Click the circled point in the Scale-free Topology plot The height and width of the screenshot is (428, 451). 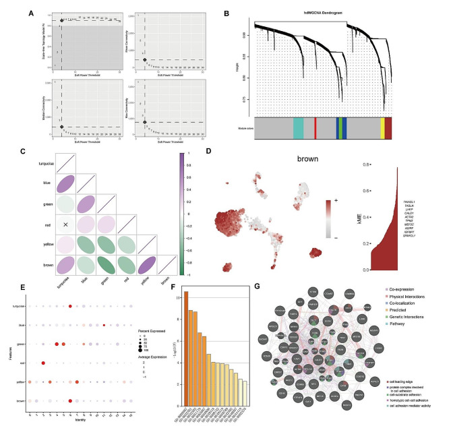click(x=62, y=20)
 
